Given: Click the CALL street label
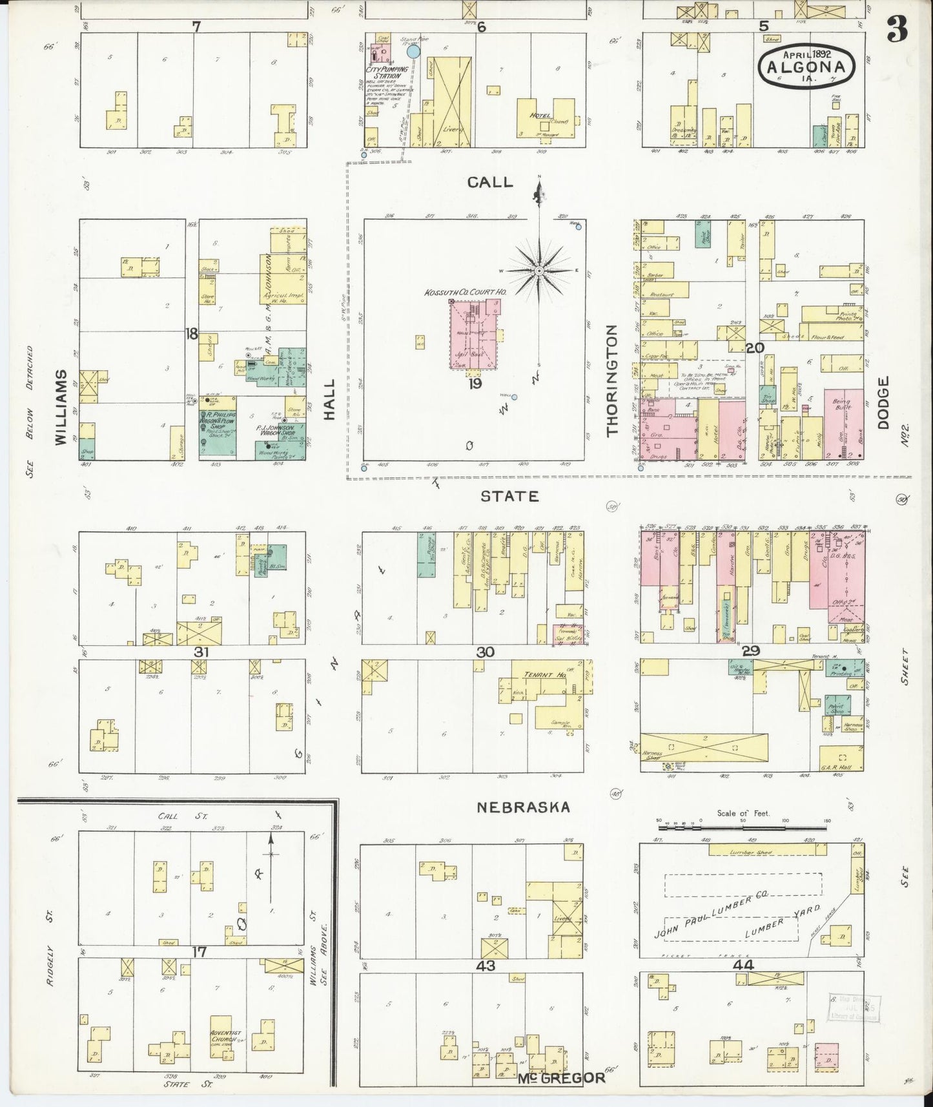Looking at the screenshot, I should coord(490,182).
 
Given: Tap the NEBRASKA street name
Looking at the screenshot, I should coord(523,807).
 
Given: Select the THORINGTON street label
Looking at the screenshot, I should coord(613,380).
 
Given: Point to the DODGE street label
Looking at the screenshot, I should coord(884,403).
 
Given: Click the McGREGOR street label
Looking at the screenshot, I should coord(561,1077).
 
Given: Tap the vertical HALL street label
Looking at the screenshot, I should coord(330,400).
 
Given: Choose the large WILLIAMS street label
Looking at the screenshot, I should coord(61,408).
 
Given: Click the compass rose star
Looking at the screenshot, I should coord(538,271).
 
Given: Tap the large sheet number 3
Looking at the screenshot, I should coord(897,28).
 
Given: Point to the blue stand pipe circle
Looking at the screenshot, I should coord(413,51).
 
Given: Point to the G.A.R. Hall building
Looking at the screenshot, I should coord(840,759).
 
